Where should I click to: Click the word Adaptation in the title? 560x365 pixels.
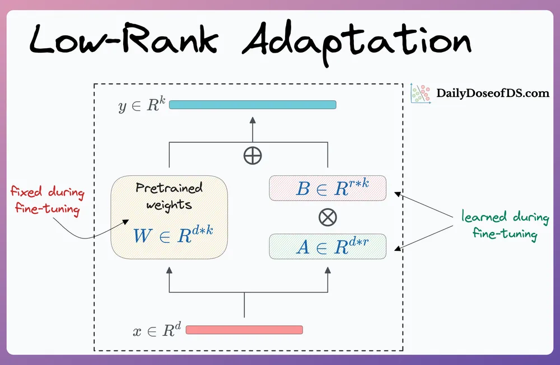point(356,42)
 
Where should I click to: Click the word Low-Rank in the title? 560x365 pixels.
point(124,39)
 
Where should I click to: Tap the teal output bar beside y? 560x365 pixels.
point(253,105)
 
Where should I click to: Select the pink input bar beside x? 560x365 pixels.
point(244,330)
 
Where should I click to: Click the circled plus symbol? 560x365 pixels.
point(253,156)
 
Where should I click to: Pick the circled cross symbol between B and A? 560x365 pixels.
point(328,217)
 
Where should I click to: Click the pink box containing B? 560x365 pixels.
point(328,188)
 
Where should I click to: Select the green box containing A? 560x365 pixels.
point(328,246)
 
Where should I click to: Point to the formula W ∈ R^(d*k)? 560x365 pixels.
point(173,235)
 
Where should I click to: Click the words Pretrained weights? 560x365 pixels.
point(169,197)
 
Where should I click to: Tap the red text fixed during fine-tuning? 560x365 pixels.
point(48,200)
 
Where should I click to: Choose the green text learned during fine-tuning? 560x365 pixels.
point(505,226)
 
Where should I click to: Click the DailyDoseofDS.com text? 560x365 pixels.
point(493,93)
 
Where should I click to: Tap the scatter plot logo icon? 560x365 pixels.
point(421,93)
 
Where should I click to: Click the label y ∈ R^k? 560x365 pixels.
point(142,105)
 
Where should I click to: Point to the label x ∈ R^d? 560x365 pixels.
point(157,330)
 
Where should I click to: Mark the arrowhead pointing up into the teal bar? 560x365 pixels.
point(253,120)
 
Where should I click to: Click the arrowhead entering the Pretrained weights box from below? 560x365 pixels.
point(169,270)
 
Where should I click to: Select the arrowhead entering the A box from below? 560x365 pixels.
point(328,270)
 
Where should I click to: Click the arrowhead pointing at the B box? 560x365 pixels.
point(398,195)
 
